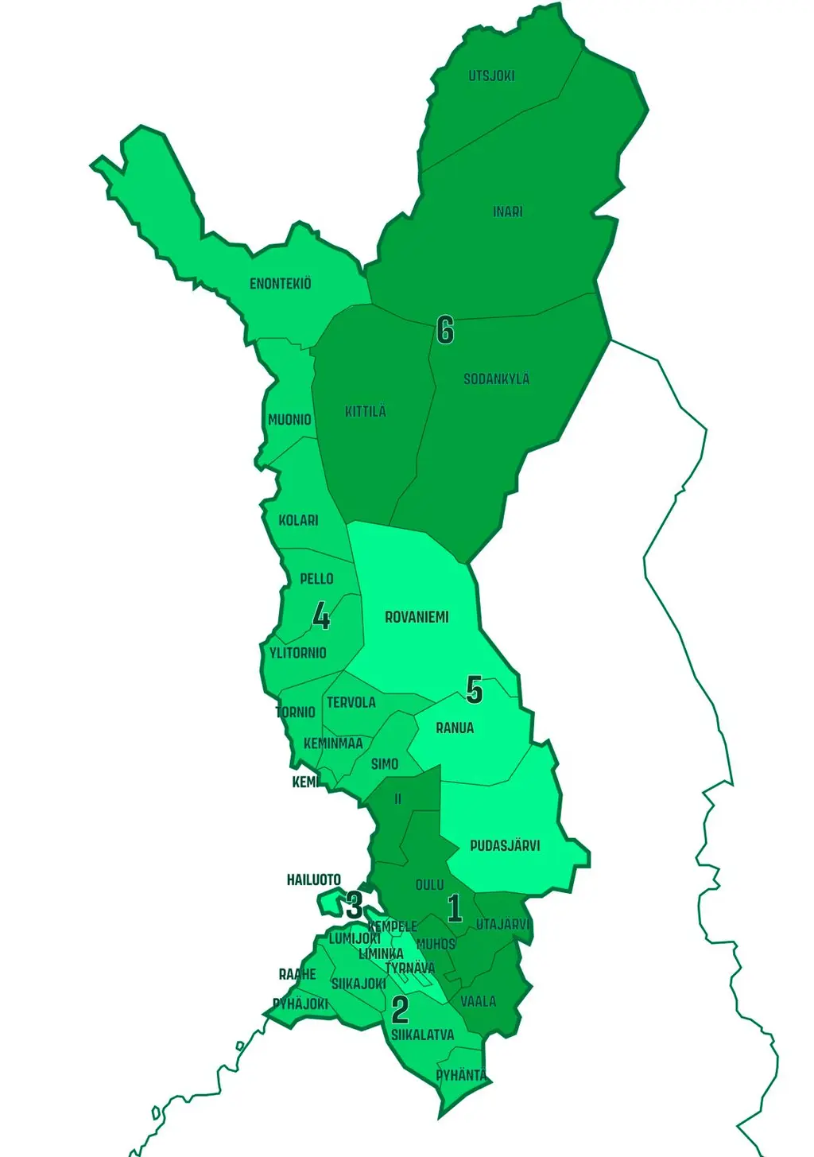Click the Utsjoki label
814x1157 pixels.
point(491,76)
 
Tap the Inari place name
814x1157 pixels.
point(508,212)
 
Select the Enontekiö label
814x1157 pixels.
point(281,284)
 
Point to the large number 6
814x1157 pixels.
point(445,330)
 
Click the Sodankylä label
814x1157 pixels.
point(496,379)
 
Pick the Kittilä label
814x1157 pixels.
point(366,412)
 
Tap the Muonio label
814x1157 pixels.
point(289,420)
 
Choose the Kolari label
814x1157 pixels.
point(298,521)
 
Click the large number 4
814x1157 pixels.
point(321,616)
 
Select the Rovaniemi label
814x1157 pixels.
point(417,617)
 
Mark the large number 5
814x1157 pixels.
point(475,690)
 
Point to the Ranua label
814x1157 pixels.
point(455,728)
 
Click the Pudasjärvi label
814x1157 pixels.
point(505,846)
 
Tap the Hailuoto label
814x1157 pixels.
point(314,880)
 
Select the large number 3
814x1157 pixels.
point(355,905)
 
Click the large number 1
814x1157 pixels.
point(455,908)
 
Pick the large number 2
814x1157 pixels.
point(400,1010)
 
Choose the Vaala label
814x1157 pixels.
point(479,1002)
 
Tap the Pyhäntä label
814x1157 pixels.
point(461,1076)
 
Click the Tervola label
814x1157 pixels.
point(351,703)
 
